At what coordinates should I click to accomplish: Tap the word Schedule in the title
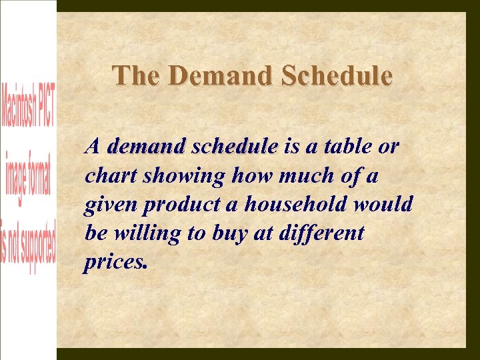(x=337, y=75)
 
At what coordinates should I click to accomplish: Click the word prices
(x=113, y=263)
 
